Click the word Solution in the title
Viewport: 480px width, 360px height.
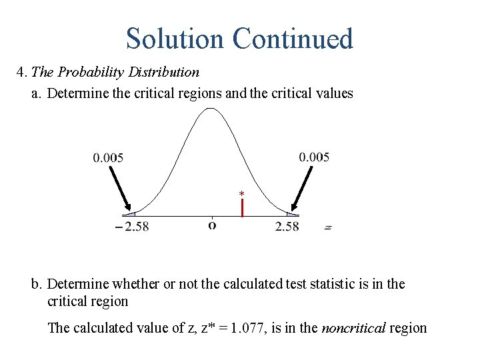tap(175, 39)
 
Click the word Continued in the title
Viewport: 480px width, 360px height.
tap(293, 39)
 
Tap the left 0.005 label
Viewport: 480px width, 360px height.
tap(108, 158)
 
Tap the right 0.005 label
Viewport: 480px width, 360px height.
tap(314, 157)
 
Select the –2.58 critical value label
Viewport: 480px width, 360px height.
tap(131, 227)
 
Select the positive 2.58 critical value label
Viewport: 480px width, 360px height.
tap(287, 227)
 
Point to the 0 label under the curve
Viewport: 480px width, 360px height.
tap(212, 226)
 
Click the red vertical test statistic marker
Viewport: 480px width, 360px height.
tap(242, 207)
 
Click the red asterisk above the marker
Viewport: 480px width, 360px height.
tap(242, 194)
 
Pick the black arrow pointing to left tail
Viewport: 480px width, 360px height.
tap(121, 189)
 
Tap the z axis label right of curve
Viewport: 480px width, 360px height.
tap(328, 227)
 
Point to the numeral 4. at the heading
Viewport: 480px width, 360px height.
tap(22, 72)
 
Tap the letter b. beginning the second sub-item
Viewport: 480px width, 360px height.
tap(37, 284)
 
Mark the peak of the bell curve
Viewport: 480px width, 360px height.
tap(211, 109)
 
